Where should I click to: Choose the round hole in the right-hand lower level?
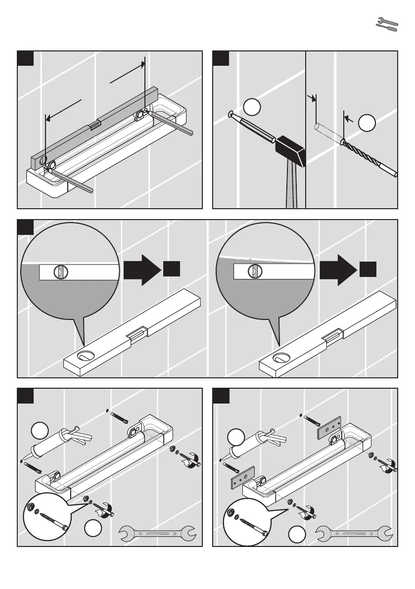[283, 356]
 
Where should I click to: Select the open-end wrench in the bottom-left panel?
[158, 534]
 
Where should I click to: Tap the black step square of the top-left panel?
[25, 58]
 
